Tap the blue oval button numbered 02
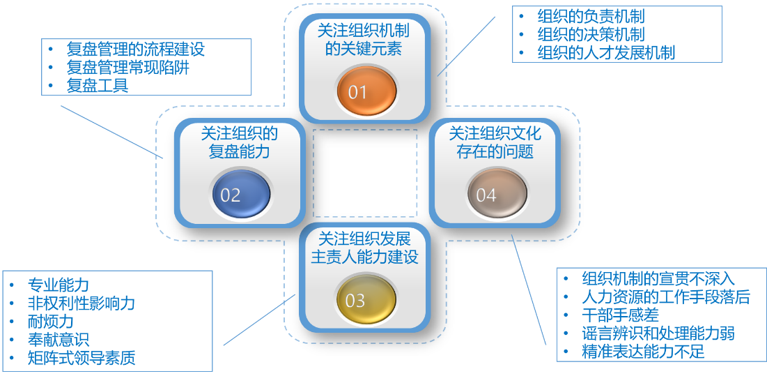pyautogui.click(x=240, y=194)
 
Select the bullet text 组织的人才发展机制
pyautogui.click(x=606, y=53)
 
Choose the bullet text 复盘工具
pyautogui.click(x=97, y=86)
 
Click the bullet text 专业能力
pyautogui.click(x=59, y=285)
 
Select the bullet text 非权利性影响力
pyautogui.click(x=82, y=303)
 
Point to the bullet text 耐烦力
pyautogui.click(x=51, y=322)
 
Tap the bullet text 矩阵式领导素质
pyautogui.click(x=82, y=359)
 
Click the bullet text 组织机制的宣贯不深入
pyautogui.click(x=658, y=278)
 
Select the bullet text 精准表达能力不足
pyautogui.click(x=643, y=352)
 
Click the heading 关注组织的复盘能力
pyautogui.click(x=240, y=142)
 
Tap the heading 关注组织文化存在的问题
pyautogui.click(x=495, y=142)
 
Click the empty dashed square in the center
pyautogui.click(x=365, y=173)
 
